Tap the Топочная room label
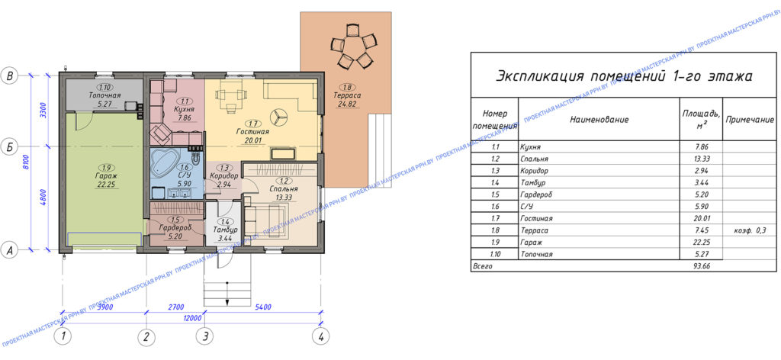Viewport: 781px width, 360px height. [x=105, y=97]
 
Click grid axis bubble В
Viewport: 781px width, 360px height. [x=10, y=76]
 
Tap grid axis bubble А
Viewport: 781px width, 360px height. [x=10, y=249]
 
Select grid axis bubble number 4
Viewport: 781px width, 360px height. [x=321, y=336]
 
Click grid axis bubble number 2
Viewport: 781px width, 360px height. [x=146, y=336]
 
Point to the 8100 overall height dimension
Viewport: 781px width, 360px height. [x=26, y=161]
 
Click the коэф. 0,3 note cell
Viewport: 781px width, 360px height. [x=749, y=230]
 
